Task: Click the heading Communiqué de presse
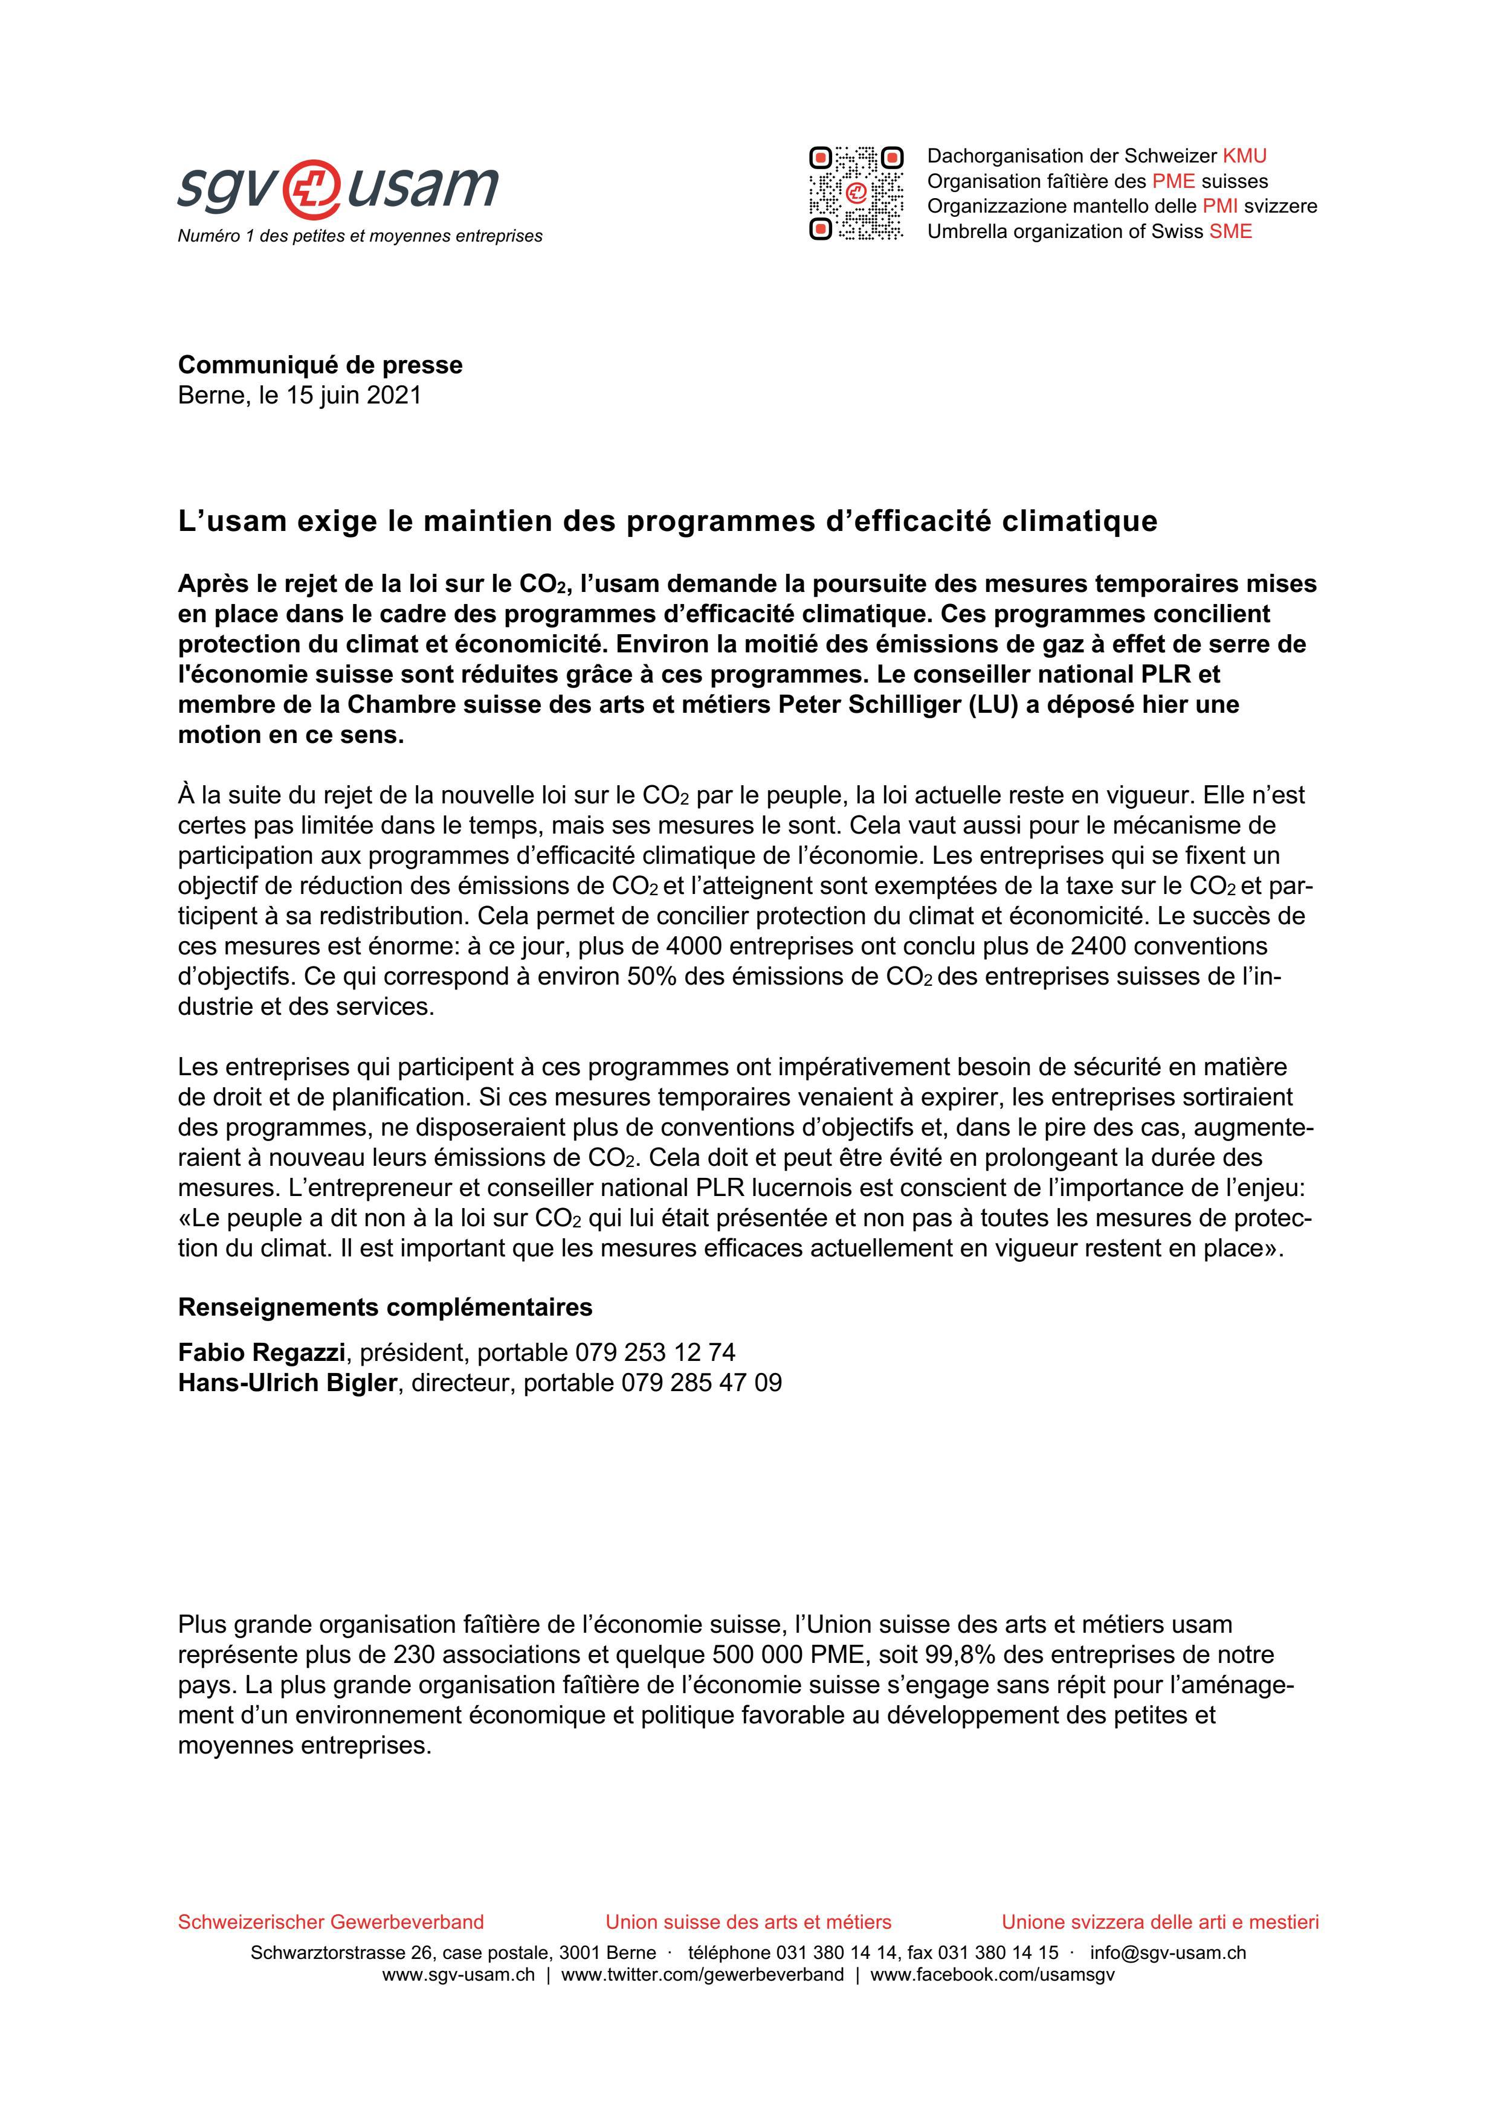(320, 365)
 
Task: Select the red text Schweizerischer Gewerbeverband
(331, 1921)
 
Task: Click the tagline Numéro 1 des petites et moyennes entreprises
(360, 236)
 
